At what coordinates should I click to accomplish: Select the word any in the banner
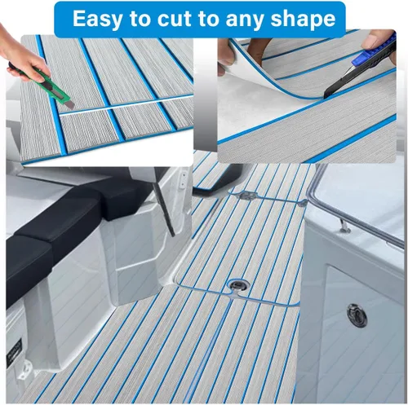click(x=246, y=20)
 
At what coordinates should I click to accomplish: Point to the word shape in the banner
click(x=303, y=20)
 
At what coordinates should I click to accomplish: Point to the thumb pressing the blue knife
click(x=377, y=38)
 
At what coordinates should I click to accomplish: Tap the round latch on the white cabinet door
click(x=357, y=315)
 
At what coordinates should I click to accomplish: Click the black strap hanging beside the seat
click(x=164, y=208)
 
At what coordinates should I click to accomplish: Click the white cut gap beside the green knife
click(x=125, y=106)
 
